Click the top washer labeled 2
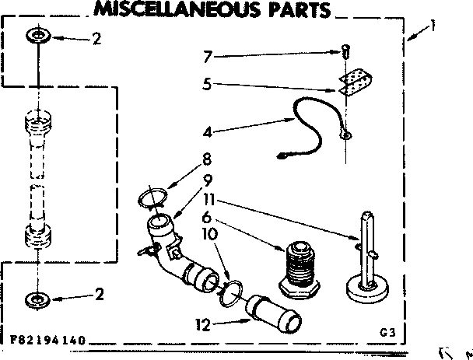pyautogui.click(x=37, y=36)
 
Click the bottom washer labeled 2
pyautogui.click(x=37, y=298)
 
